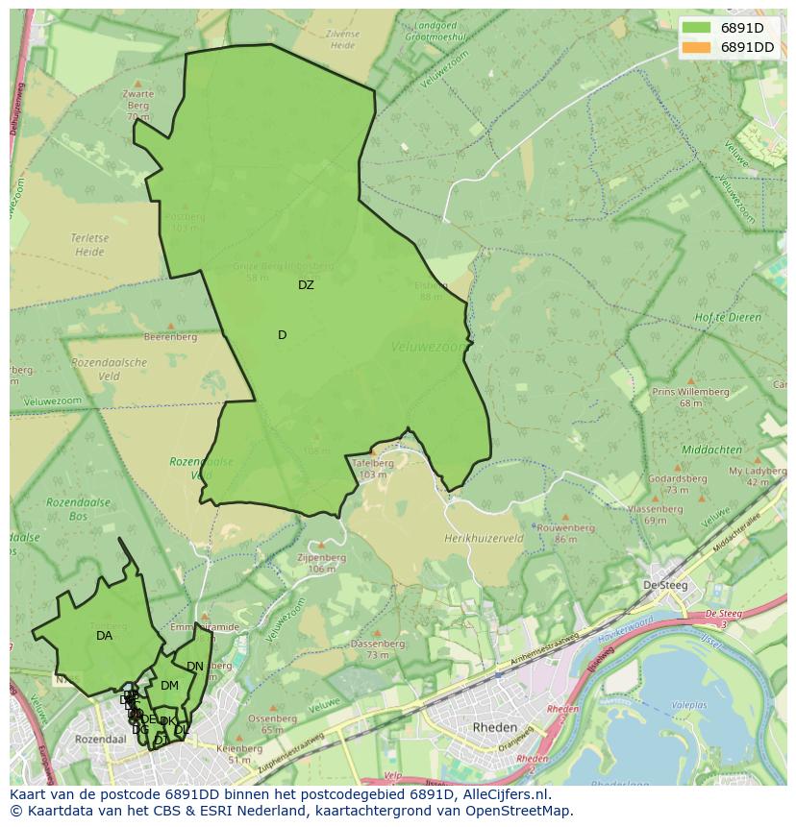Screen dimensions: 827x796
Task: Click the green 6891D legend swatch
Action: (x=697, y=28)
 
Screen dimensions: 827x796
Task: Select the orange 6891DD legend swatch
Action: (x=697, y=47)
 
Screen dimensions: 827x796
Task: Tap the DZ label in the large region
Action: (x=306, y=285)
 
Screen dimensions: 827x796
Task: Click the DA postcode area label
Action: (x=104, y=636)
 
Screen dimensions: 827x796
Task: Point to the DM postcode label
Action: (x=169, y=686)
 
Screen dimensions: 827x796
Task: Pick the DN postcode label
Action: (x=195, y=667)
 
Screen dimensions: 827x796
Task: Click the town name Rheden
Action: (x=495, y=728)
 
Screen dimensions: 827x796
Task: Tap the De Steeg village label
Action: (x=662, y=585)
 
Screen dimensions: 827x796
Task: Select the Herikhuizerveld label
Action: (x=484, y=540)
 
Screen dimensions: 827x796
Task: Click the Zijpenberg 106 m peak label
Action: (x=321, y=562)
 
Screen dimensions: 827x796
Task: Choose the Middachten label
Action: (x=710, y=450)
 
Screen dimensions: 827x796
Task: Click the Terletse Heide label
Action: (x=87, y=245)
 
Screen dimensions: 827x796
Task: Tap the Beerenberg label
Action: (x=170, y=337)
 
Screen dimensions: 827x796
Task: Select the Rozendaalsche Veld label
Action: (x=109, y=370)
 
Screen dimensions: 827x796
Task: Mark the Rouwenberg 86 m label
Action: (x=565, y=533)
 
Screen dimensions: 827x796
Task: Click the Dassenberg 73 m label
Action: (x=377, y=648)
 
